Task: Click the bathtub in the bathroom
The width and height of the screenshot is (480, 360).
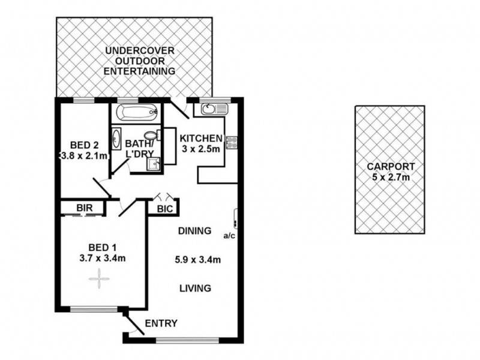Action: tap(137, 112)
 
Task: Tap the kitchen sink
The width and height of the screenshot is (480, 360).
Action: tap(214, 109)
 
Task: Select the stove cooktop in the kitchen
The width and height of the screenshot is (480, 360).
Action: tap(231, 142)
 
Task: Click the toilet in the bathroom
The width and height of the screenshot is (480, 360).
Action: tap(152, 135)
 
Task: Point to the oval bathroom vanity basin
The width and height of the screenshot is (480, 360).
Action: tap(116, 139)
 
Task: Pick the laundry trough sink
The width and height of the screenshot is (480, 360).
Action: tap(154, 164)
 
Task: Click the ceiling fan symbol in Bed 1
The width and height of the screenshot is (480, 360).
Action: tap(99, 278)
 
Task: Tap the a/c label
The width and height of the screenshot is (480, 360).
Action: tap(229, 236)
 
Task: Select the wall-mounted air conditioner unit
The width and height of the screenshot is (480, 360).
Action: tap(235, 218)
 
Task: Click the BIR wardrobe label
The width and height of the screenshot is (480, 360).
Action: tap(85, 208)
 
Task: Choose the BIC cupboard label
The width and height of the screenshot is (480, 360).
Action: tap(165, 209)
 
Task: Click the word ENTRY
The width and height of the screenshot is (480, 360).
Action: tap(161, 323)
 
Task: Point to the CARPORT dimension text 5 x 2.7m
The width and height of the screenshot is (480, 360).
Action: tap(391, 177)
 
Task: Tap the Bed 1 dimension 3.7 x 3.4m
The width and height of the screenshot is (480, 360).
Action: tap(103, 258)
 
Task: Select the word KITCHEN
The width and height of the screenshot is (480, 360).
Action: tap(201, 139)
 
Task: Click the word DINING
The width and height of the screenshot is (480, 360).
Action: tap(194, 230)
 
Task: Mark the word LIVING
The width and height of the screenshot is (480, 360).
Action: tap(196, 288)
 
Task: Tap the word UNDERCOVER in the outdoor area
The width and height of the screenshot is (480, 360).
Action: tap(140, 50)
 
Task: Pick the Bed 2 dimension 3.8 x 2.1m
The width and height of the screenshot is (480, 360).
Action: tap(84, 156)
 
